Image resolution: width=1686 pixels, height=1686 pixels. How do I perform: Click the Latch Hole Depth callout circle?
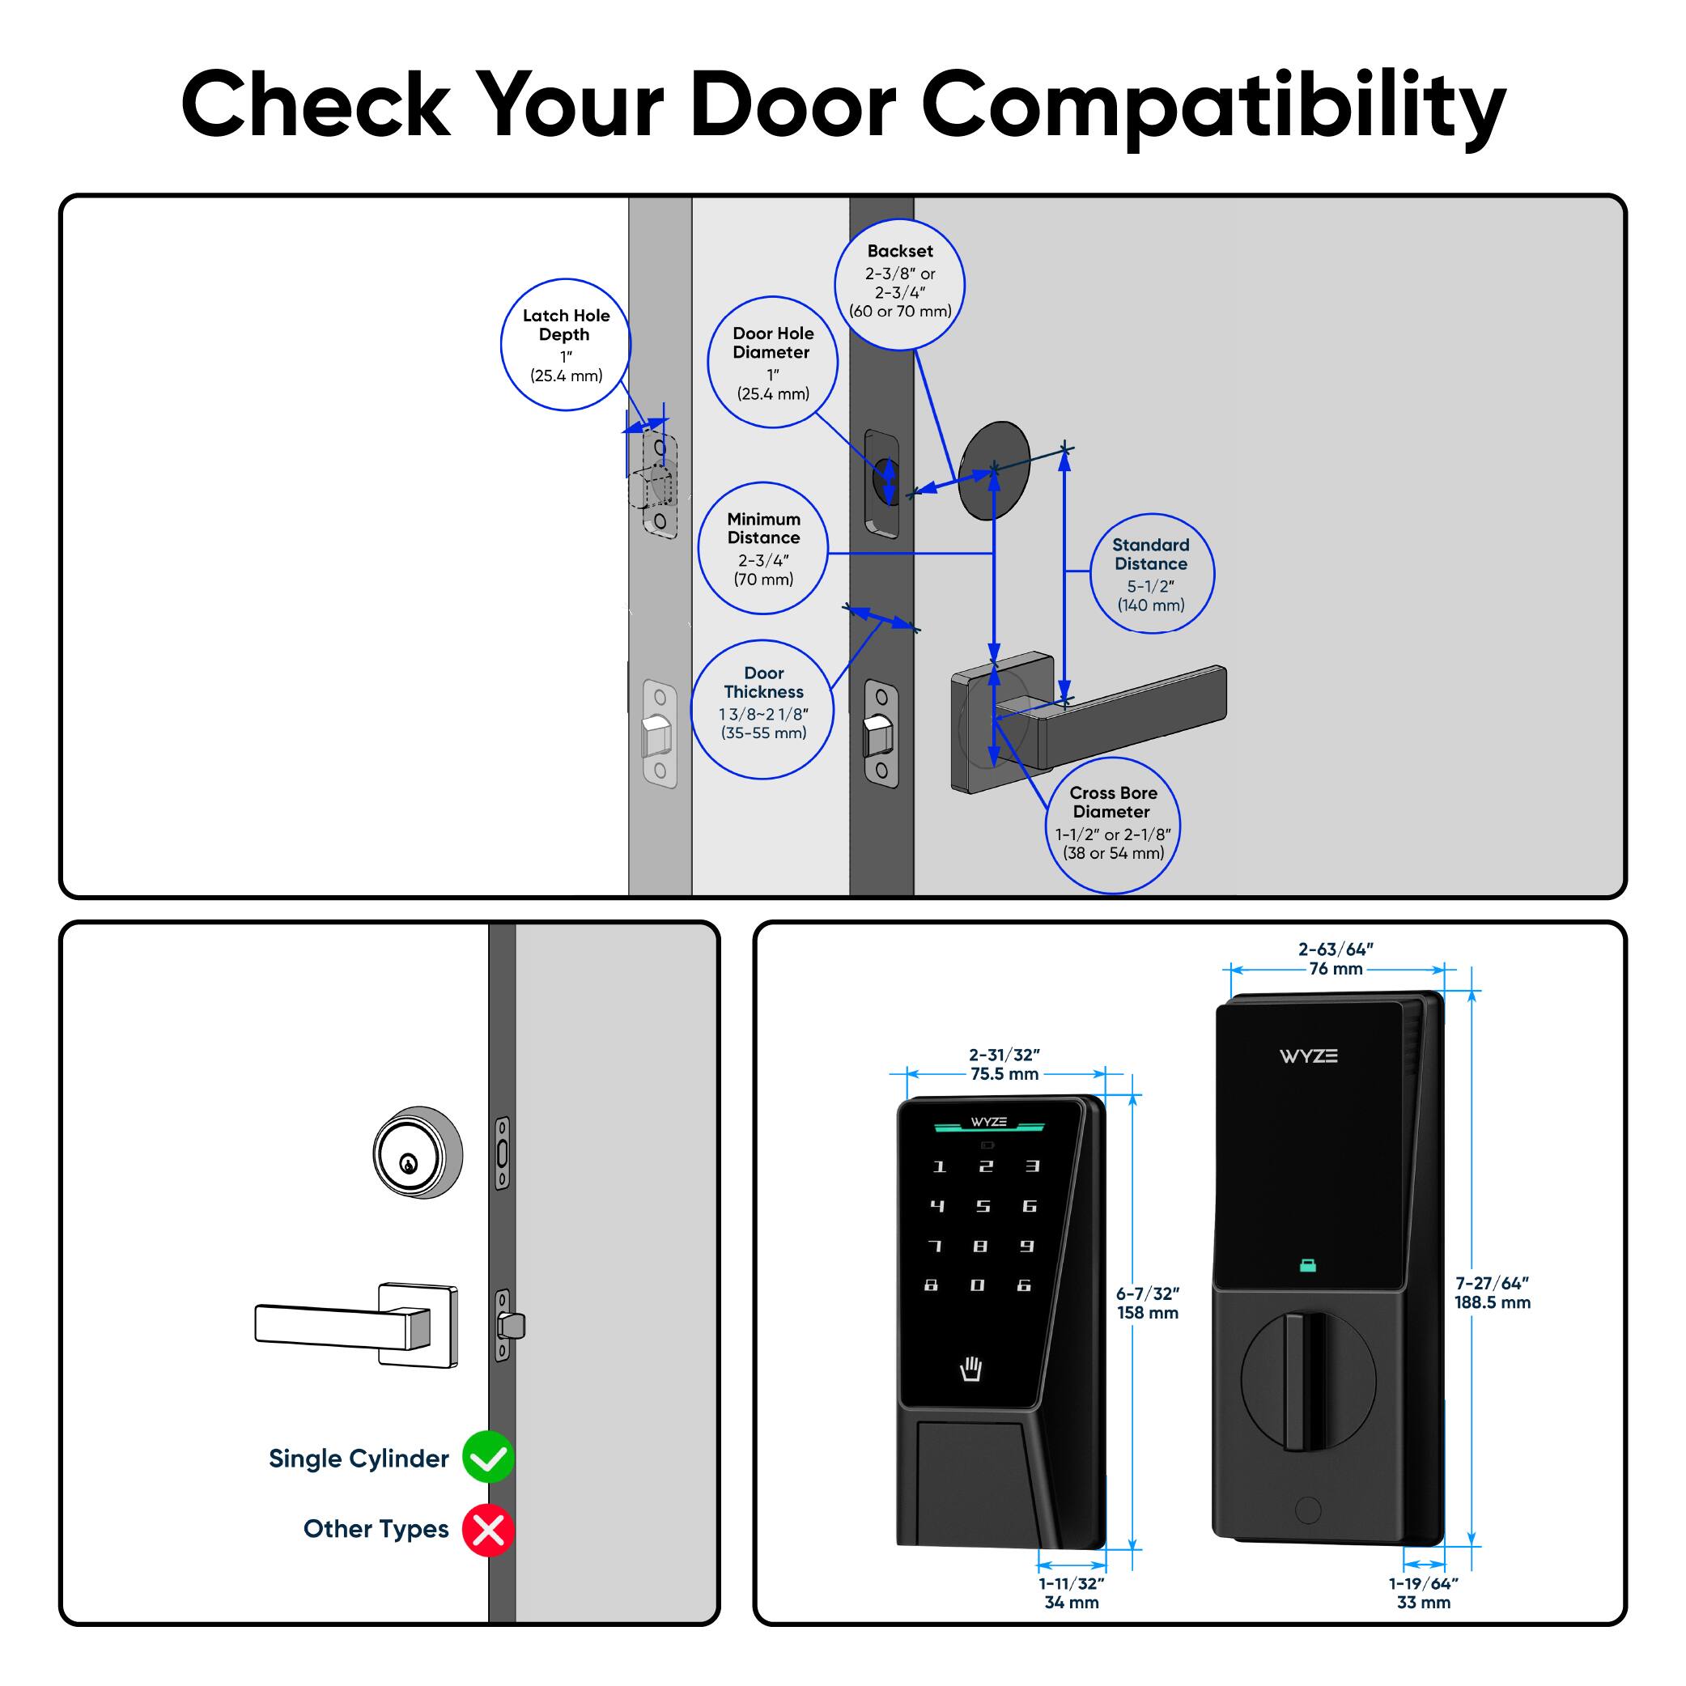[566, 345]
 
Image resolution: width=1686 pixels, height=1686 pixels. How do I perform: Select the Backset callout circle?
[900, 284]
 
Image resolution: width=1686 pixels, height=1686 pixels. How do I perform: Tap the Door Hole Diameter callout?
[772, 362]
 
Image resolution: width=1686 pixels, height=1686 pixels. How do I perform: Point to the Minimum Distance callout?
[762, 548]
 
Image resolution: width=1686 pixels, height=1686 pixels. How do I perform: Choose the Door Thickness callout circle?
[762, 710]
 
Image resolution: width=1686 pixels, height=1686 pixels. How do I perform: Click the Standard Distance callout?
[1151, 573]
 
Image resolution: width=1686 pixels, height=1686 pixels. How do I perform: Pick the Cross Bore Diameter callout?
[1113, 825]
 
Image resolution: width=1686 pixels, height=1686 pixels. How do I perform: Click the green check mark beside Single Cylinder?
[488, 1458]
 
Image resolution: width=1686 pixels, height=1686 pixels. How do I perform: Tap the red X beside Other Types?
[488, 1530]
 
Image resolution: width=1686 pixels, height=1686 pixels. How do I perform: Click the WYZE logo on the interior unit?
[1307, 1056]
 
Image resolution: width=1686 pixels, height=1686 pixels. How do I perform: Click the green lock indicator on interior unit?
[1307, 1264]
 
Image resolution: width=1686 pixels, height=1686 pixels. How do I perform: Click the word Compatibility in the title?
[1213, 104]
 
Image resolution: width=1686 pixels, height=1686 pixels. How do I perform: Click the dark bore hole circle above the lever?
[994, 470]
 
